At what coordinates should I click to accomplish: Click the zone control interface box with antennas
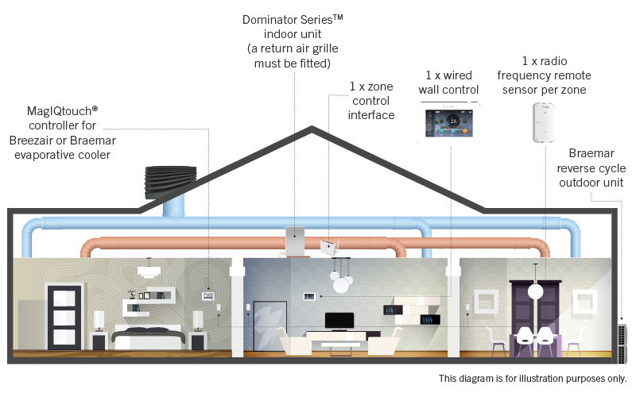coord(328,247)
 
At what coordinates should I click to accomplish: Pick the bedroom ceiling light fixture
coord(148,271)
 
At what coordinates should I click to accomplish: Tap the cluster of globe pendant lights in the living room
coord(339,282)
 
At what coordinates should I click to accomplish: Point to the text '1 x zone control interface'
coord(371,100)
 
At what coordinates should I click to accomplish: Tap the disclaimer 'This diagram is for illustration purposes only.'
coord(532,378)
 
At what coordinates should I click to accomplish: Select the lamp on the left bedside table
coord(99,319)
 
